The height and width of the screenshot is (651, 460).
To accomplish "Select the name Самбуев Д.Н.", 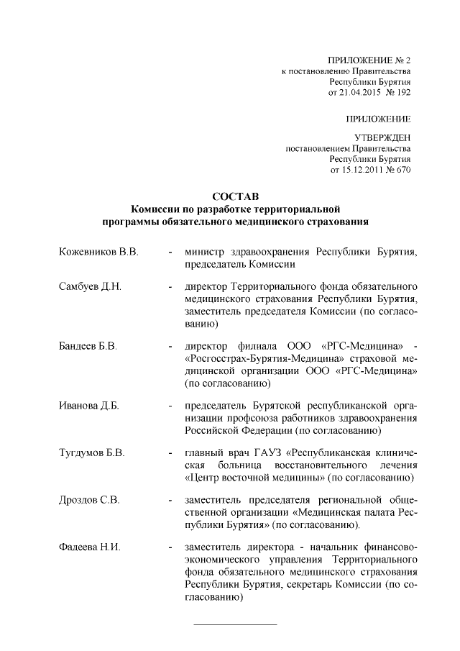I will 90,287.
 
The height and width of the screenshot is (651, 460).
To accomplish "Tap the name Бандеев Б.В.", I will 88,347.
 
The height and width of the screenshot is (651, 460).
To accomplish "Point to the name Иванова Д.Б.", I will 88,406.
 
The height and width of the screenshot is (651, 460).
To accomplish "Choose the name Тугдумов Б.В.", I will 92,453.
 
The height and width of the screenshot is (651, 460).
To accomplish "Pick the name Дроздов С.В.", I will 89,501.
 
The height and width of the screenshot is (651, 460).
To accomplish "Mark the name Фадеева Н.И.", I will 90,548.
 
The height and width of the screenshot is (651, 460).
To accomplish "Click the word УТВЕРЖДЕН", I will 383,137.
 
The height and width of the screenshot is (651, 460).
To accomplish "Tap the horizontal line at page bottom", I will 236,624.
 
